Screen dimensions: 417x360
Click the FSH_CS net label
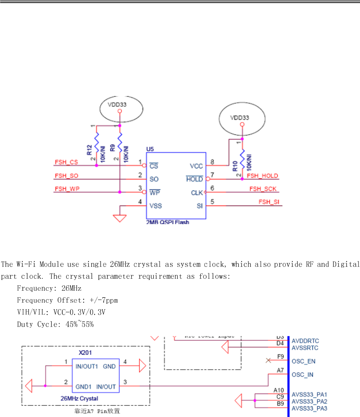[x=66, y=162]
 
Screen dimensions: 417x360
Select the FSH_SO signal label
[x=66, y=176]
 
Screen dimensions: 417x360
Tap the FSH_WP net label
[x=66, y=189]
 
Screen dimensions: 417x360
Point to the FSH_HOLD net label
[x=262, y=176]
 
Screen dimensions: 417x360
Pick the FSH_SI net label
[x=269, y=202]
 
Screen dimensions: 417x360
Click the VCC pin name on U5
[x=196, y=166]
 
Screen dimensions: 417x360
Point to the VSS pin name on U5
[x=156, y=206]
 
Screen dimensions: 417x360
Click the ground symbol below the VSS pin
[x=120, y=218]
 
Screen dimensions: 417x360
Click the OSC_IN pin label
[x=302, y=375]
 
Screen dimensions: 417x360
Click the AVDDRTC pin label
[x=305, y=341]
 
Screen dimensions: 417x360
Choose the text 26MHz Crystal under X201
[x=79, y=399]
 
